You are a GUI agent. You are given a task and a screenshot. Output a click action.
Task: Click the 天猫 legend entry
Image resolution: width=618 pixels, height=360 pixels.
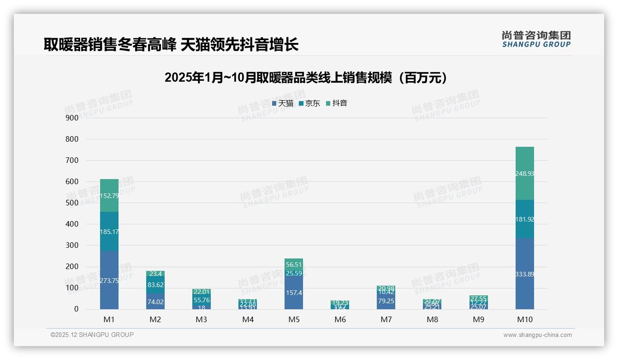point(283,103)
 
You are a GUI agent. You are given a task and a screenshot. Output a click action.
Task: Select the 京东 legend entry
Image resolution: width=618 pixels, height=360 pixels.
point(309,103)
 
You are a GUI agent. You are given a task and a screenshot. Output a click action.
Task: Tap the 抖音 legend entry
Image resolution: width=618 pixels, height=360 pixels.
point(337,103)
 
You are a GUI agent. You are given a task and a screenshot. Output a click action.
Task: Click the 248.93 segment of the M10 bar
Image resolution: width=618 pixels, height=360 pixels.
point(524,174)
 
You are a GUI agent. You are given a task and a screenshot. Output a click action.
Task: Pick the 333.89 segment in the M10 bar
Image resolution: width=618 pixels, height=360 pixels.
point(524,274)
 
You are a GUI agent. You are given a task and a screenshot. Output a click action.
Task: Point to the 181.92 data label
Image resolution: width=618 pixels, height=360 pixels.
point(524,219)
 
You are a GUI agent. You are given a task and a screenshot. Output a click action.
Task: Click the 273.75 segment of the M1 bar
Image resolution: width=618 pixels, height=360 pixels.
point(109,280)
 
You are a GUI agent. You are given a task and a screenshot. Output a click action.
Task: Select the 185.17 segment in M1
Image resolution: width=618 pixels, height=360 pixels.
point(109,232)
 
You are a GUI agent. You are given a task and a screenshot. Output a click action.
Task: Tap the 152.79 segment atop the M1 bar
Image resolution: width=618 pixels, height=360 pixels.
point(109,196)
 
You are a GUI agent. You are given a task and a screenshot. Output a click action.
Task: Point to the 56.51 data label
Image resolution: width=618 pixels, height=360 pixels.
point(294,264)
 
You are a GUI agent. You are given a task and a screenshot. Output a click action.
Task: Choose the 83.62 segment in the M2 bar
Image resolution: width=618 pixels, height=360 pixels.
point(155,285)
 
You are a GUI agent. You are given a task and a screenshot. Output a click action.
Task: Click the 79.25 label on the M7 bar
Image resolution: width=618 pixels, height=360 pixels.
point(386,301)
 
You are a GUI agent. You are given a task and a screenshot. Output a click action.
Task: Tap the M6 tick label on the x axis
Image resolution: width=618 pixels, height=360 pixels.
point(340,319)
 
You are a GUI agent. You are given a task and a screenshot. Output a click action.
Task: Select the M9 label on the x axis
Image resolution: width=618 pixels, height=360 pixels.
point(478,319)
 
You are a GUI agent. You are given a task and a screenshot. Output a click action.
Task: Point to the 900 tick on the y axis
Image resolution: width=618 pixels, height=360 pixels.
point(72,118)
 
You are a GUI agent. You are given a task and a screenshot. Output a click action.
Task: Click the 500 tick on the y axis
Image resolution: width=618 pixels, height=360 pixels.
point(72,203)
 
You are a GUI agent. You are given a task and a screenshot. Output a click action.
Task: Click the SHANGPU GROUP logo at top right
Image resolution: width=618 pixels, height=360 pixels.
point(536,39)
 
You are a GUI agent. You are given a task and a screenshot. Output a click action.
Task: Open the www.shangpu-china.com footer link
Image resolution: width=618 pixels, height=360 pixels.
point(537,335)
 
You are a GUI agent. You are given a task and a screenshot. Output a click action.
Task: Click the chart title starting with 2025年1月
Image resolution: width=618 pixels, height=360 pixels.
point(306,78)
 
